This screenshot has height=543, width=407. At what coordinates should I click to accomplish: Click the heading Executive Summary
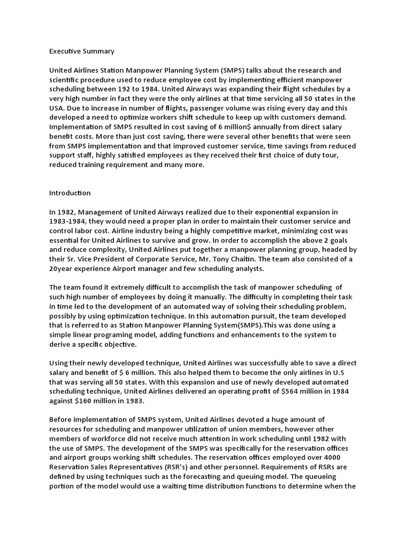[82, 51]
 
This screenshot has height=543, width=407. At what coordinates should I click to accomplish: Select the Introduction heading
[70, 192]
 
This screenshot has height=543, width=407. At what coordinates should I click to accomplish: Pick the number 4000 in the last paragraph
[346, 457]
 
